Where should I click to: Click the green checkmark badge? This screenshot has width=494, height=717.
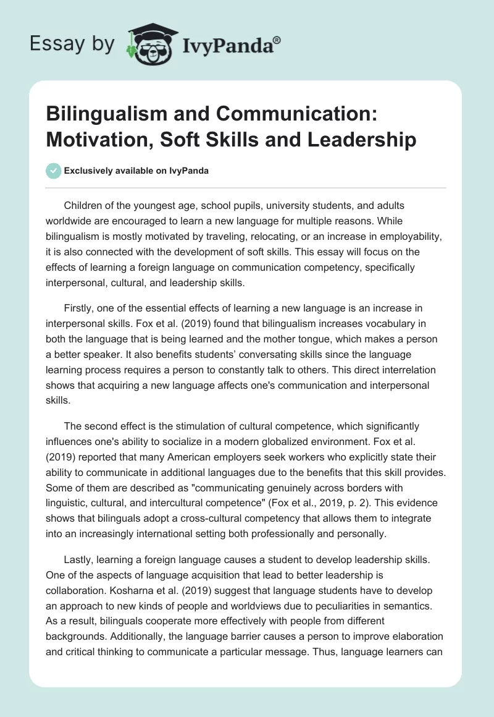point(54,171)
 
